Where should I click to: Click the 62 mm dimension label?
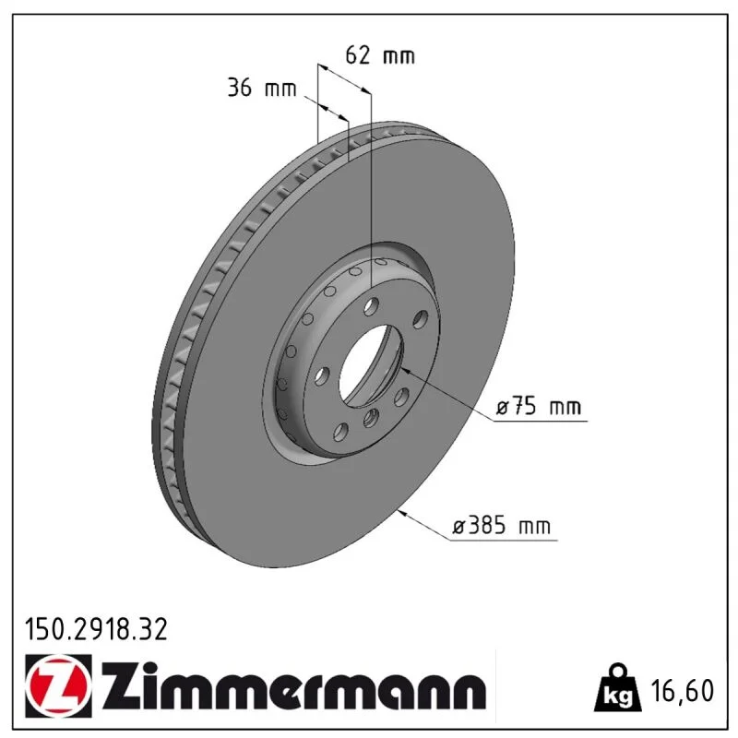(380, 55)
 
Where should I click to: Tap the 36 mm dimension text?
(262, 88)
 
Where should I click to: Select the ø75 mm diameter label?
(539, 406)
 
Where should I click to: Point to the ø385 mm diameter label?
(501, 525)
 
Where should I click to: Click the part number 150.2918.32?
(96, 629)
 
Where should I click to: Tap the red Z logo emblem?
(59, 685)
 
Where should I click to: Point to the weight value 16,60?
(683, 690)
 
